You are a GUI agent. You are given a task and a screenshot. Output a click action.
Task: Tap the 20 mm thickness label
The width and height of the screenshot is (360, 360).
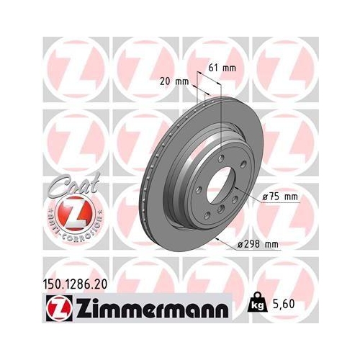pos(173,81)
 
